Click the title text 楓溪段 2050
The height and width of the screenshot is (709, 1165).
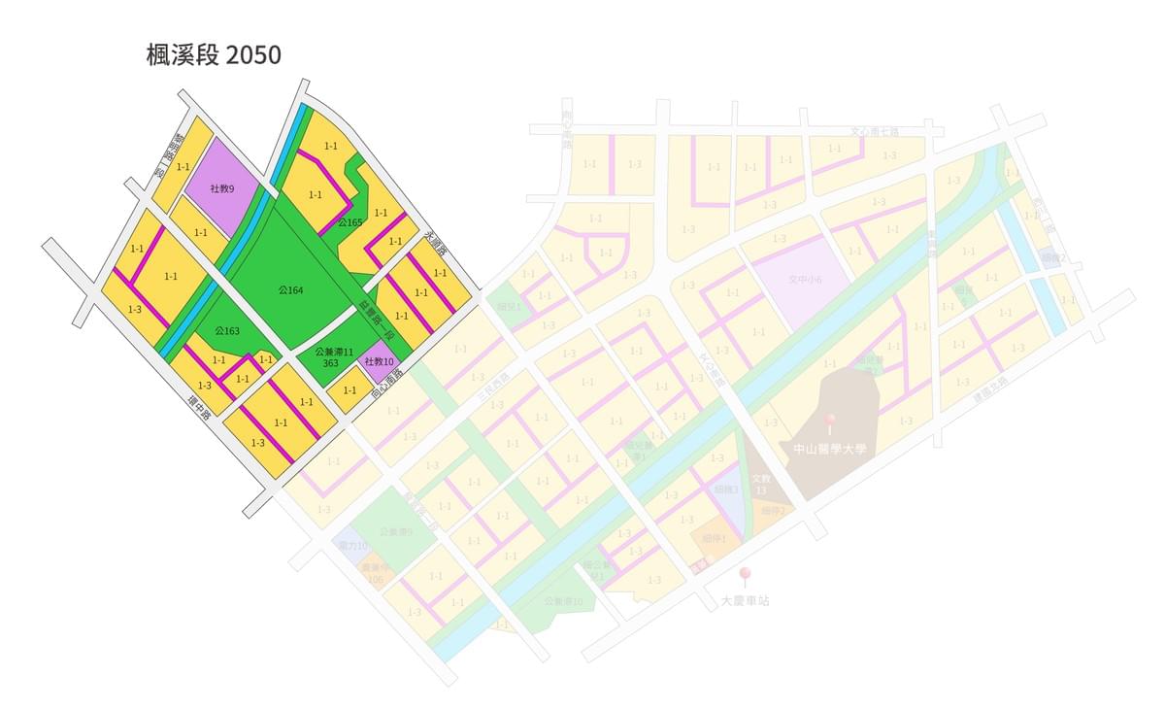(214, 55)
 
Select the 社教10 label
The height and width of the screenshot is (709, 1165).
(379, 362)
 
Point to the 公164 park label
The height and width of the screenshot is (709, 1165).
(290, 290)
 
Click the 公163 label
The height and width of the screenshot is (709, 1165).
(227, 331)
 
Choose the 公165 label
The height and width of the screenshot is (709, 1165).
(350, 223)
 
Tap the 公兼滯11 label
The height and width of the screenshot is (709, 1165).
(333, 350)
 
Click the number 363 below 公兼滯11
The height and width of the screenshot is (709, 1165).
(330, 362)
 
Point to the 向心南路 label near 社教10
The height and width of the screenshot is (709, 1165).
(385, 386)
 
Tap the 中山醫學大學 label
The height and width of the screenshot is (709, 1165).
(828, 449)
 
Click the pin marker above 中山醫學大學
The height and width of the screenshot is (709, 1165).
(829, 422)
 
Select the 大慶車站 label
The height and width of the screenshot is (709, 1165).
(745, 601)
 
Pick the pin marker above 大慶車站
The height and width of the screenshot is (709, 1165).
(745, 575)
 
